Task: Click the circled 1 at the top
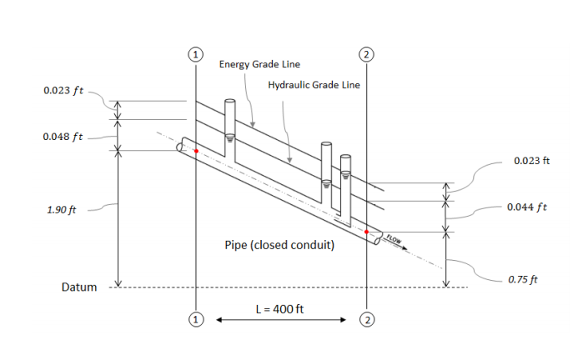pyautogui.click(x=195, y=53)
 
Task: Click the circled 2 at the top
pyautogui.click(x=366, y=53)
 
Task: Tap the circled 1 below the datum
pyautogui.click(x=195, y=319)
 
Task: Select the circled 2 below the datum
pyautogui.click(x=366, y=319)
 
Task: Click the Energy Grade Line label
pyautogui.click(x=259, y=64)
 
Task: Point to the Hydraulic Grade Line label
pyautogui.click(x=314, y=85)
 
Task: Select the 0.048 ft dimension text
pyautogui.click(x=63, y=136)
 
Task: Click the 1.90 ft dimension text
pyautogui.click(x=62, y=209)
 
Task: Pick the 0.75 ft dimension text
pyautogui.click(x=523, y=279)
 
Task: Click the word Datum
pyautogui.click(x=79, y=287)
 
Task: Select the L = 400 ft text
pyautogui.click(x=279, y=309)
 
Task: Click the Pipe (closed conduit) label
pyautogui.click(x=279, y=247)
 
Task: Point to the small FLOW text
pyautogui.click(x=394, y=241)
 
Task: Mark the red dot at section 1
pyautogui.click(x=195, y=152)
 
